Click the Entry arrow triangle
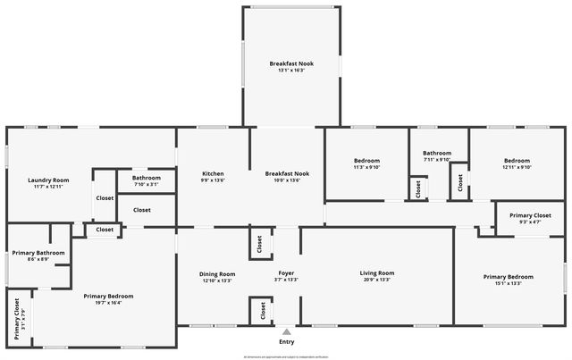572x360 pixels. (x=286, y=331)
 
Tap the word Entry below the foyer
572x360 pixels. (x=286, y=341)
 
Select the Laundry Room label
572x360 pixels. (x=48, y=180)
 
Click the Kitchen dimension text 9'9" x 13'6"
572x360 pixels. (x=213, y=180)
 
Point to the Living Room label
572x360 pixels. (x=377, y=272)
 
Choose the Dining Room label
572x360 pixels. (x=217, y=273)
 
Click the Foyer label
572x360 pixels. (x=286, y=272)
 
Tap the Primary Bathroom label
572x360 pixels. (x=37, y=253)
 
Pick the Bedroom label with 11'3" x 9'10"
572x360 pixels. (x=367, y=160)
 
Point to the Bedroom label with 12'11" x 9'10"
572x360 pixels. (x=517, y=160)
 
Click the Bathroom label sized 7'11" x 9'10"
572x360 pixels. (x=437, y=153)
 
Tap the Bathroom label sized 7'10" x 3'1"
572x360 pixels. (x=147, y=177)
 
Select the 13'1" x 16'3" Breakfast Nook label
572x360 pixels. (x=291, y=63)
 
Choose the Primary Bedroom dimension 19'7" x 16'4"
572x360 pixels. (x=108, y=303)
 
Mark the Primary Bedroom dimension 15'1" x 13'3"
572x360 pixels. (x=502, y=284)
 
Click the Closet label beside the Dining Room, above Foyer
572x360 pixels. (x=260, y=242)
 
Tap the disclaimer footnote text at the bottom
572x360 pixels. (x=286, y=356)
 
